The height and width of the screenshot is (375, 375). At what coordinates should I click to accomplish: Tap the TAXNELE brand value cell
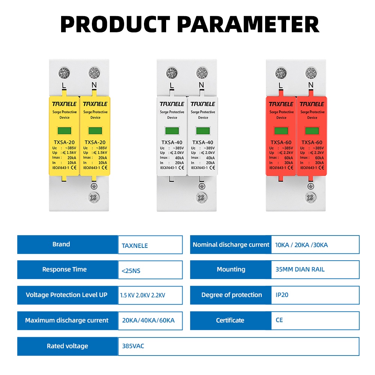(150, 244)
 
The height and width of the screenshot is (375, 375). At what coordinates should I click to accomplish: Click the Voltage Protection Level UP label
(66, 295)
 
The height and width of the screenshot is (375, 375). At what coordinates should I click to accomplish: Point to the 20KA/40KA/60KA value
(148, 320)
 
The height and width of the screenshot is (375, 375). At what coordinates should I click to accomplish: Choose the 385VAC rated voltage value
(133, 346)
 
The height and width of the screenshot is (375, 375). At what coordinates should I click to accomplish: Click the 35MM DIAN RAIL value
(300, 269)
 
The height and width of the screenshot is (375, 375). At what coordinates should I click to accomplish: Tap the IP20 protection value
(282, 295)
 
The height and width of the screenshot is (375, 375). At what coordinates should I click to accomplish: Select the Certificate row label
(230, 320)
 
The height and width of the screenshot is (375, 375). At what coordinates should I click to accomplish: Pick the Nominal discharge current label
(231, 244)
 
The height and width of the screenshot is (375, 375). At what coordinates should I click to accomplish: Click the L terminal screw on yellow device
(64, 73)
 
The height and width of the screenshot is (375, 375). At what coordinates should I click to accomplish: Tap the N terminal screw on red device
(311, 73)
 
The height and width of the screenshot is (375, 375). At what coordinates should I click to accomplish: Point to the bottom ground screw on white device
(202, 198)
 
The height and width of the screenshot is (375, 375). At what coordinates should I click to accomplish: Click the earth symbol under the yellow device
(94, 186)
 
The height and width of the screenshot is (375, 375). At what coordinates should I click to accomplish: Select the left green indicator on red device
(281, 131)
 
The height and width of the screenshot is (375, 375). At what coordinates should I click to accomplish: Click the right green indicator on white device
(203, 131)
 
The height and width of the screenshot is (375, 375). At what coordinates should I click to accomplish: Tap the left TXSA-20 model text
(64, 142)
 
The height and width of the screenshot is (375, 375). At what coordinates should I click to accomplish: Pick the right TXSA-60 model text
(312, 142)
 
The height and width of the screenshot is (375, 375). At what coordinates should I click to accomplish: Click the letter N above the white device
(201, 85)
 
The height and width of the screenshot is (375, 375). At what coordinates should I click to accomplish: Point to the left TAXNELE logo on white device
(172, 104)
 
